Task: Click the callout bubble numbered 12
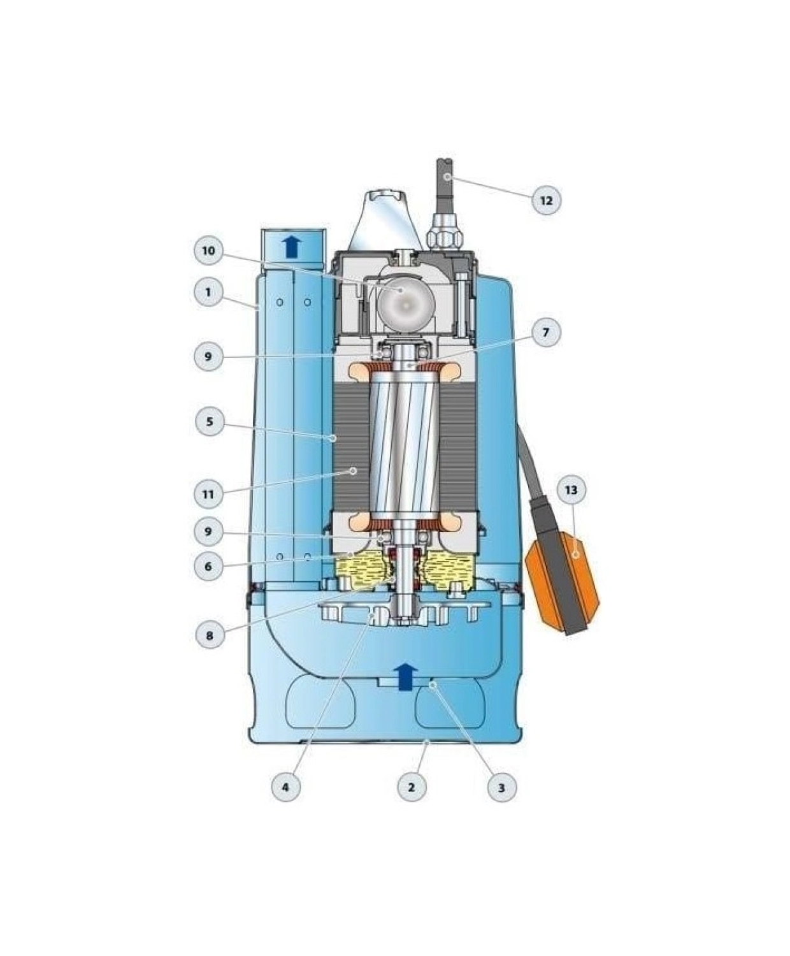(547, 200)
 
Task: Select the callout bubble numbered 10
(208, 251)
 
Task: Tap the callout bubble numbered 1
(208, 292)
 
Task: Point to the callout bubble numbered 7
(545, 332)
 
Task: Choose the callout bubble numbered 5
(209, 421)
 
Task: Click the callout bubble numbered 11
(208, 495)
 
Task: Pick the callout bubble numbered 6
(208, 567)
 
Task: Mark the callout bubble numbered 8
(210, 635)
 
